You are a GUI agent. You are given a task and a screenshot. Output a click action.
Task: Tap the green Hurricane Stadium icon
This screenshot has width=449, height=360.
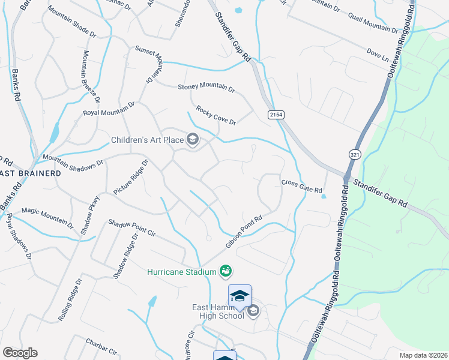click(x=226, y=272)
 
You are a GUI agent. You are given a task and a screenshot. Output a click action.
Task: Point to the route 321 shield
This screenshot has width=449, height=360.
click(x=353, y=154)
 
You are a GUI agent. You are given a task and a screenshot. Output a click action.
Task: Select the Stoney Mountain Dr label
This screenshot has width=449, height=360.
click(x=206, y=88)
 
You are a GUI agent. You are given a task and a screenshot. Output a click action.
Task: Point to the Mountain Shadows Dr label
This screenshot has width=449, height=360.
click(x=73, y=160)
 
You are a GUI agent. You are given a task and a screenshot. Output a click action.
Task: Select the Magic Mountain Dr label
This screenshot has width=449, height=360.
click(x=47, y=218)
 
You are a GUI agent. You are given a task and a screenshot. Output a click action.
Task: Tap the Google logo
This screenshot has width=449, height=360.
click(x=20, y=353)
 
